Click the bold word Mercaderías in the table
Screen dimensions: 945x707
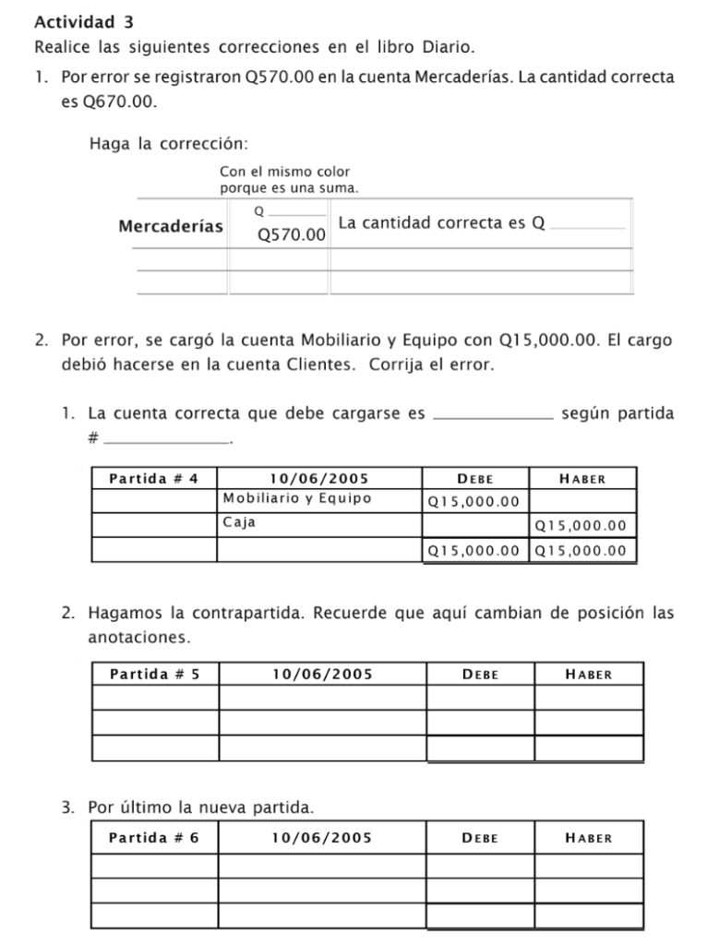click(x=171, y=226)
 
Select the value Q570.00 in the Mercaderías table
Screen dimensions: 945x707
click(x=292, y=235)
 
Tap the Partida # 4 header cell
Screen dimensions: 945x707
click(x=154, y=478)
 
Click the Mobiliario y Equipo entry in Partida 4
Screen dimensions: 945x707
click(x=297, y=498)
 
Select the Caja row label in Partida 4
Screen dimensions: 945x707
click(x=239, y=522)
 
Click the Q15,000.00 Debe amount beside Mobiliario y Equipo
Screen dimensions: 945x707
click(x=473, y=502)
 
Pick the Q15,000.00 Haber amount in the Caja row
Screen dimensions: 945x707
click(x=581, y=526)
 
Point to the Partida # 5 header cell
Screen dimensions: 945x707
click(x=154, y=674)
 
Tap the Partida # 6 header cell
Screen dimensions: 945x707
click(x=154, y=838)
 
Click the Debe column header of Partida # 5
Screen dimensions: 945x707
click(x=480, y=675)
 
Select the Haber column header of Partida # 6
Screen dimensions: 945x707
click(x=588, y=838)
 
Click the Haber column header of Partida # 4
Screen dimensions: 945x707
click(x=582, y=479)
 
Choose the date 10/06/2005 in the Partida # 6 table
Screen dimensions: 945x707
click(x=322, y=838)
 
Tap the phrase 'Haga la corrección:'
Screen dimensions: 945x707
click(x=170, y=143)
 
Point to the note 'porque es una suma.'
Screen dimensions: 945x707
click(x=289, y=187)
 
